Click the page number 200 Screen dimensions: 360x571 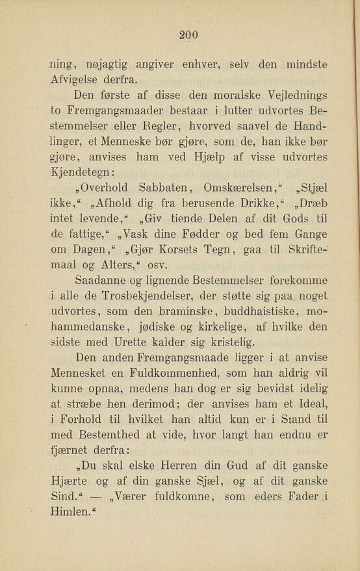pyautogui.click(x=190, y=37)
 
